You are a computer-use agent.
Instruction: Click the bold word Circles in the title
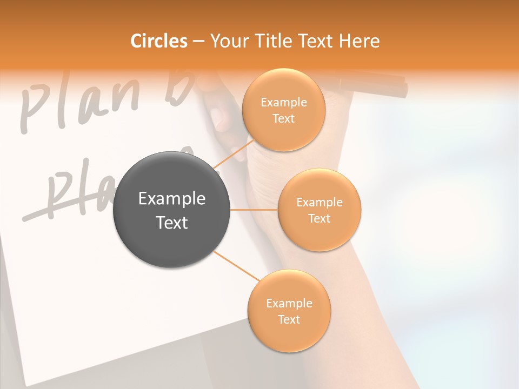point(158,41)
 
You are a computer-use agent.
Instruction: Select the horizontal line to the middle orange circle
point(254,210)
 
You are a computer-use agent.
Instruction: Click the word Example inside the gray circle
point(171,199)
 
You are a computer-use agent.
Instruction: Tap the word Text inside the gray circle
point(171,223)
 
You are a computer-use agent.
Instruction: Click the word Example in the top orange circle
point(283,103)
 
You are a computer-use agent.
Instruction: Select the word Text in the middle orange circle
point(319,218)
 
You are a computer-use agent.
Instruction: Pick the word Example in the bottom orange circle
point(289,304)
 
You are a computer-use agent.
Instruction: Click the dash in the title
point(198,42)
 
